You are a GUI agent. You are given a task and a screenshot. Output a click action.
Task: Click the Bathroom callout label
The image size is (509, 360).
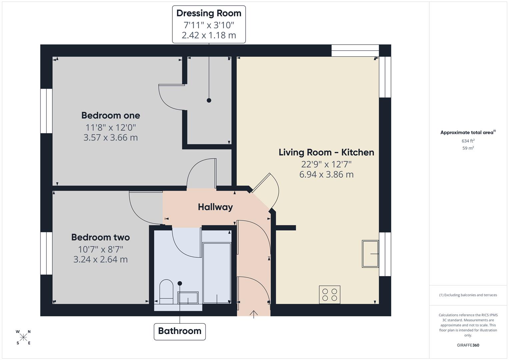180,331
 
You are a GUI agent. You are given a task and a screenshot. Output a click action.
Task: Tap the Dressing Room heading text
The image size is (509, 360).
209,13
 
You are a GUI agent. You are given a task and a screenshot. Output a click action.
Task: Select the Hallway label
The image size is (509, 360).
215,207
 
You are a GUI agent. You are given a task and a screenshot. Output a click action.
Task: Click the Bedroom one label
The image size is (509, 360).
111,115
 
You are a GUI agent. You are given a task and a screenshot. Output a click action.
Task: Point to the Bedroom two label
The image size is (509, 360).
100,237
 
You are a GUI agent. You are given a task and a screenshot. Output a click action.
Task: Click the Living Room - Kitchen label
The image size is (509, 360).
326,152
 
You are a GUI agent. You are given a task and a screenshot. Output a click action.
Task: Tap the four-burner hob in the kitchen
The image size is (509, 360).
329,294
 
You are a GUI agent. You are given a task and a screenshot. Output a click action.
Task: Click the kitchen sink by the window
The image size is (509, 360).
370,254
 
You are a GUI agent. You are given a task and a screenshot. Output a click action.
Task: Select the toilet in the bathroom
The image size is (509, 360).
166,291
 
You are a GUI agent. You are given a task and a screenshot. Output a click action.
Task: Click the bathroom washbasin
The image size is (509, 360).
188,298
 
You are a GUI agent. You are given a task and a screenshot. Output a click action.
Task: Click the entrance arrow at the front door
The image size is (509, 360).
254,314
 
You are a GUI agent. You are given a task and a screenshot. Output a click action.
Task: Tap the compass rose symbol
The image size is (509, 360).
23,337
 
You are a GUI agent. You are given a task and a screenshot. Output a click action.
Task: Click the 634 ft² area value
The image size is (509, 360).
468,141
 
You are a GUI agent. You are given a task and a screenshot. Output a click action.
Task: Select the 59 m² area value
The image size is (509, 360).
468,148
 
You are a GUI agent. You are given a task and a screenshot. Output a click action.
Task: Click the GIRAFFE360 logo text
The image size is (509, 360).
468,345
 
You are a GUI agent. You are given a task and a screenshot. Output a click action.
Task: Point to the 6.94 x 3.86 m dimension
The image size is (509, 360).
326,175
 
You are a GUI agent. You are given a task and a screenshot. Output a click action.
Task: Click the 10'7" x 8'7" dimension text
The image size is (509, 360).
100,249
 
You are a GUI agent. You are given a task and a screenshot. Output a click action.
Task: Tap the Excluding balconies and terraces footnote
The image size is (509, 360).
468,295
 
